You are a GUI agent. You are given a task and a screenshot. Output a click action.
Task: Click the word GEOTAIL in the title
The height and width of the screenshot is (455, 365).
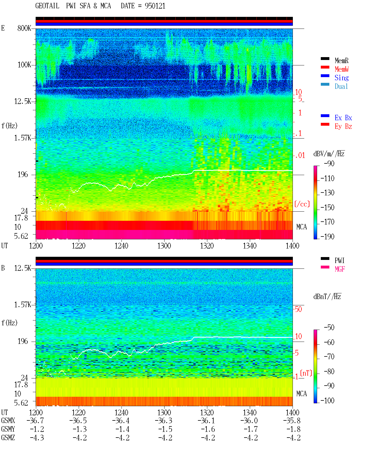point(47,6)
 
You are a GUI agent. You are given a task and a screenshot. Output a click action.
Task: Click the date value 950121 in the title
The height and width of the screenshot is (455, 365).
point(155,6)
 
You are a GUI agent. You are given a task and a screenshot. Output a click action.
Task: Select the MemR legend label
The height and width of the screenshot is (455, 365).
point(342,61)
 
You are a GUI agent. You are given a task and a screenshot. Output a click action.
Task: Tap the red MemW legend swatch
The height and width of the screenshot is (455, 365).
point(325,67)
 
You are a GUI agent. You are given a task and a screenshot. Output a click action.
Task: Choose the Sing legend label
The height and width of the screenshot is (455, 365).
point(342,78)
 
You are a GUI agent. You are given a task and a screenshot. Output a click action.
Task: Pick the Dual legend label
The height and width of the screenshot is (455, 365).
point(341,86)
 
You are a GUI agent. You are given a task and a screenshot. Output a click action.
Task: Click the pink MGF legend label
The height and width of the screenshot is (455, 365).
point(340,269)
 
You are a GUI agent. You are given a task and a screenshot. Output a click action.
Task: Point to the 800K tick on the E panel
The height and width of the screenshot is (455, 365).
point(24,28)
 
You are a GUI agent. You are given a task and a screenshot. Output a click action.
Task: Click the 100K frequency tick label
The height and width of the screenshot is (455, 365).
point(24,65)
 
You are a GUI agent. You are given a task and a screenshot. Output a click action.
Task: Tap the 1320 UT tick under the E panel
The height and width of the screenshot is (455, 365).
point(207,246)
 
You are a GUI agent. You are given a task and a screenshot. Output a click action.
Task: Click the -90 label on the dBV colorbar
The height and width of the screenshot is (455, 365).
point(329,163)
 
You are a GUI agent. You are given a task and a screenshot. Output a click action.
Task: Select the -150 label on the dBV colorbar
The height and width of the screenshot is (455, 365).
point(327,207)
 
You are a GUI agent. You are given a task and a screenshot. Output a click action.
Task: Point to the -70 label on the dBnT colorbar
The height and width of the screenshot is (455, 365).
point(329,357)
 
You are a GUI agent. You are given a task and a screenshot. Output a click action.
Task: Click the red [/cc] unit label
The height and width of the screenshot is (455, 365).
point(302,204)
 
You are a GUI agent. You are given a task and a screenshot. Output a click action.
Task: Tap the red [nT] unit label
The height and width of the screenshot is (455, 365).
point(306,373)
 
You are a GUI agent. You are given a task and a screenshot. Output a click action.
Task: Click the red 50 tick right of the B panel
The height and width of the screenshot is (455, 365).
point(298,309)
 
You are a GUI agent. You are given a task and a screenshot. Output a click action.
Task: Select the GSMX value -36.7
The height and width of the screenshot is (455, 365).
point(35,420)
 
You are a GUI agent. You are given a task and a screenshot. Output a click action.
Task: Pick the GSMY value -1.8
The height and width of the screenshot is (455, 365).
point(293,429)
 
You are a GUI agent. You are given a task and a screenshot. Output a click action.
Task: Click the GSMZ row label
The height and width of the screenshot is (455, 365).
point(8,438)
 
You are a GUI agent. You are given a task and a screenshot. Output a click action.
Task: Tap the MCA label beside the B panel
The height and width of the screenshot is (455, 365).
point(301,394)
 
